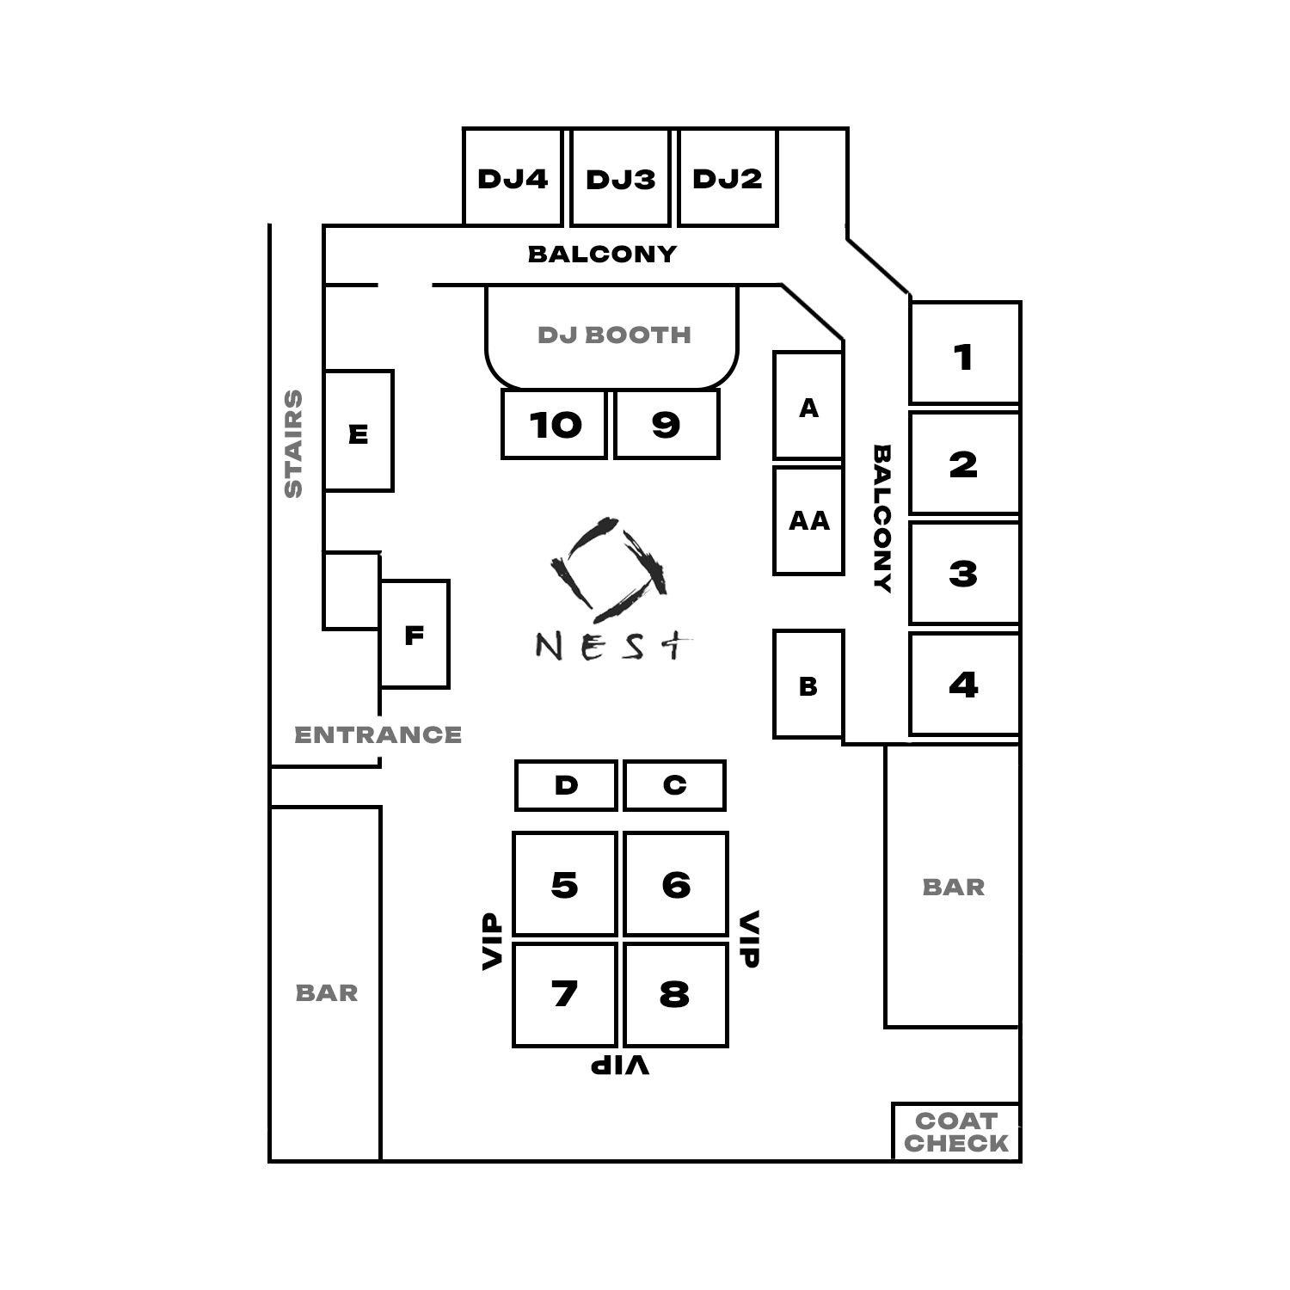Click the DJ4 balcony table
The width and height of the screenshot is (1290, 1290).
point(513,177)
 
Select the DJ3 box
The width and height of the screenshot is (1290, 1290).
point(620,177)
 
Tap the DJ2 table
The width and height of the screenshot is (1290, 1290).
point(728,177)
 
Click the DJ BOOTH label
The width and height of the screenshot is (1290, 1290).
point(614,335)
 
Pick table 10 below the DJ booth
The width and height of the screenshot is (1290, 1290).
point(555,424)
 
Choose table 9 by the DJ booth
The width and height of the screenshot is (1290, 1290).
point(666,424)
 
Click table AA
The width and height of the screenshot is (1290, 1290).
point(808,520)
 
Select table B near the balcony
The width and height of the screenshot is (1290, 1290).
point(808,685)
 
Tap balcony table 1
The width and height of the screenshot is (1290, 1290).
point(964,353)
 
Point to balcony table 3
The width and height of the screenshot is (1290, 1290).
point(964,573)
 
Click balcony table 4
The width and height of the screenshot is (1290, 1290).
point(964,685)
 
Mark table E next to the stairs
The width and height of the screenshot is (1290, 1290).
point(359,431)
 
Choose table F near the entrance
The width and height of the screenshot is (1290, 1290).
point(415,635)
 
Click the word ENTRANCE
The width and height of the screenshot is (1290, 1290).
point(378,735)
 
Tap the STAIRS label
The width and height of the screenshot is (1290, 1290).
point(294,444)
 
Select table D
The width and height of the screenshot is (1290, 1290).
point(566,785)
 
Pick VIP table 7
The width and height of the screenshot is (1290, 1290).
point(565,995)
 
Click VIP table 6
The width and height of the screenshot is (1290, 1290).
point(676,883)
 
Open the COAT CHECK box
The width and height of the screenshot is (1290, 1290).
point(956,1132)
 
